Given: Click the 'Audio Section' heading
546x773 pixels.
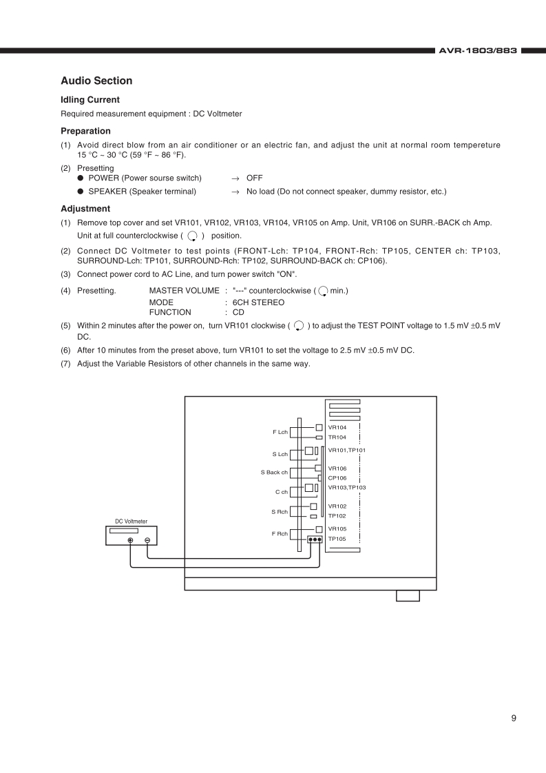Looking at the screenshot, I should click(96, 81).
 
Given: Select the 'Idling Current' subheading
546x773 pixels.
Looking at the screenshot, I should click(90, 100).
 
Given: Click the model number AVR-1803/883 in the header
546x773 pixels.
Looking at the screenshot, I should click(478, 50).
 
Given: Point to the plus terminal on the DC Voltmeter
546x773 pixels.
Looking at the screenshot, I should click(131, 540).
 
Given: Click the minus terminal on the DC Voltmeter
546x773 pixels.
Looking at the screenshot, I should click(147, 540).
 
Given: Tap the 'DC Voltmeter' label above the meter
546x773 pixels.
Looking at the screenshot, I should click(131, 522).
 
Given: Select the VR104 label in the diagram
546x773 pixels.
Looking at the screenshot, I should click(337, 428).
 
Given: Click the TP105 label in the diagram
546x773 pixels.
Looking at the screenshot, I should click(337, 539).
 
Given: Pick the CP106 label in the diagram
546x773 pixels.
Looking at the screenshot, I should click(337, 477).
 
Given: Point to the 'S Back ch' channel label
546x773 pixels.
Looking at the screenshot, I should click(274, 473).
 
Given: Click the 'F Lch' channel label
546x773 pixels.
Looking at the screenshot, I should click(280, 433).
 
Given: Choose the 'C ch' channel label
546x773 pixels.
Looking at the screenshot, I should click(281, 492).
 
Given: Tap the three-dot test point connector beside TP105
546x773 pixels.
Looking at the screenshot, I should click(315, 539).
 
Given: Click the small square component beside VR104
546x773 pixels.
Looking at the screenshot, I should click(319, 427).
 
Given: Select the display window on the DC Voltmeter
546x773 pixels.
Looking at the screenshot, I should click(123, 530).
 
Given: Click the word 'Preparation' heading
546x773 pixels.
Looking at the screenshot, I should click(85, 131).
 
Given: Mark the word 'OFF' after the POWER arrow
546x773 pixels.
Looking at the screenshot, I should click(254, 178).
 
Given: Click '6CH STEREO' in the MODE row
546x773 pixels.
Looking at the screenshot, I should click(258, 302).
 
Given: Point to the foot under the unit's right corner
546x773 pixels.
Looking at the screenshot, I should click(408, 596).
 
